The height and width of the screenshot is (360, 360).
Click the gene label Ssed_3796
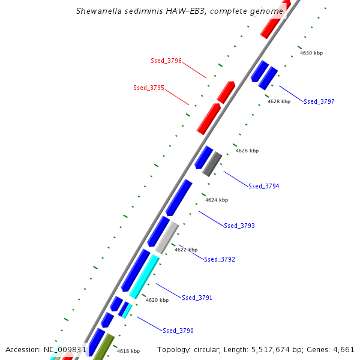coord(166,61)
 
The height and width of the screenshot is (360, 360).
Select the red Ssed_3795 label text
coord(149,88)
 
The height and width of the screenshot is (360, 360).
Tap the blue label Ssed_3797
coord(319,101)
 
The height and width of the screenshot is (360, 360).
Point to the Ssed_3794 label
coord(264,186)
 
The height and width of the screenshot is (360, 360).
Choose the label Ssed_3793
coord(239,226)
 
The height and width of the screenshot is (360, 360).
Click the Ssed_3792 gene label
coord(220,259)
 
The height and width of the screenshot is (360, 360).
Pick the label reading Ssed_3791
coord(197,298)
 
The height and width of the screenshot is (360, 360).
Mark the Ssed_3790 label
coord(178,331)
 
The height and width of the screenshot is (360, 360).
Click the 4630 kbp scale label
coord(311,53)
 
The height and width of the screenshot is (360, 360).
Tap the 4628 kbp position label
coord(279,101)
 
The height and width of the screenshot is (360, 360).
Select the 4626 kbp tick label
coord(247,151)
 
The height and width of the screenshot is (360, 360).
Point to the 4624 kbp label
coord(217,200)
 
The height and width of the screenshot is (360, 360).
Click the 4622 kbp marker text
coord(186,250)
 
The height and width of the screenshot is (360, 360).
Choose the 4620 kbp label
coord(157,300)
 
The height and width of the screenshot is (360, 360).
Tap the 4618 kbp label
coord(128,351)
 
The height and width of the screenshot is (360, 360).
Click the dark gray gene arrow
coord(212,164)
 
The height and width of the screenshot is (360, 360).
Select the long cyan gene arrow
coord(144,277)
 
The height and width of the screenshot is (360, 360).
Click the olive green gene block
coord(103,348)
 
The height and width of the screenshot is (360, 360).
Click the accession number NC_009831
coord(65,349)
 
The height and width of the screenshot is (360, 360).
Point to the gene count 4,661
coord(343,349)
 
